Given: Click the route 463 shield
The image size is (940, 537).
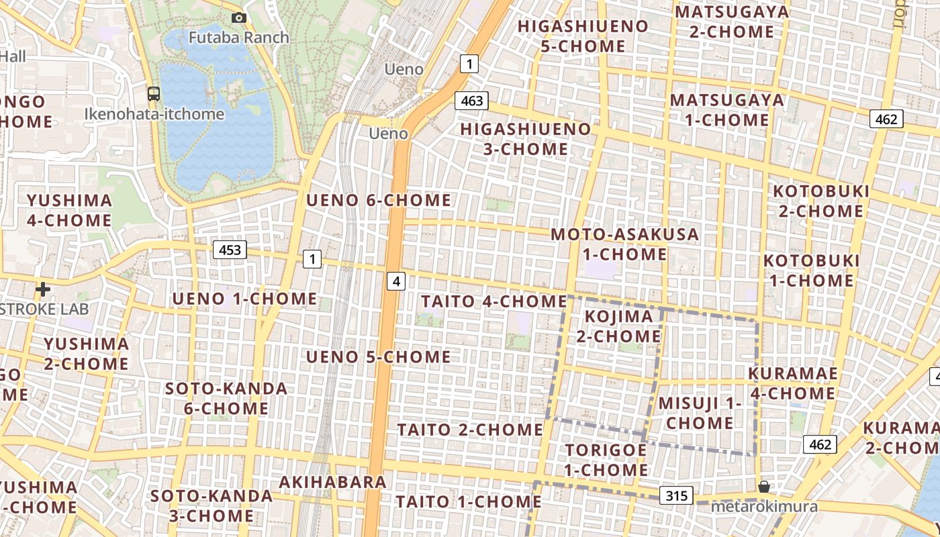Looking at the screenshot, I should tap(472, 101).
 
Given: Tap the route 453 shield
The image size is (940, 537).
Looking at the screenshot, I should tap(230, 250).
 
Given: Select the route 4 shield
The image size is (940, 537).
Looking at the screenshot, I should tap(396, 281).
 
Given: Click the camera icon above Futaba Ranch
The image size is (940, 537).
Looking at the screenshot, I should tap(238, 18).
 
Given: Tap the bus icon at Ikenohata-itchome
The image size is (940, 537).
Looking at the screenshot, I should tap(154, 93).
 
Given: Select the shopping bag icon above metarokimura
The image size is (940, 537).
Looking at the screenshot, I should tap(763, 487).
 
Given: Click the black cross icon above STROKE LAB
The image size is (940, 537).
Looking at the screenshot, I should tap(43, 289).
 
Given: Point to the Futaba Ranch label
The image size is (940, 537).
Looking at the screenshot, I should tap(238, 37).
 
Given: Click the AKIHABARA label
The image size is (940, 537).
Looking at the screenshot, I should tap(333, 482).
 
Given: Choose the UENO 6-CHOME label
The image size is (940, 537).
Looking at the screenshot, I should tap(379, 200).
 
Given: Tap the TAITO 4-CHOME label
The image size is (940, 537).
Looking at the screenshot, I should tap(493, 301).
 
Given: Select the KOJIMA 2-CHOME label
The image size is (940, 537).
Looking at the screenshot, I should tap(618, 326).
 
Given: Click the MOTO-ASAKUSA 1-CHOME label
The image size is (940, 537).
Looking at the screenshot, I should tap(624, 244).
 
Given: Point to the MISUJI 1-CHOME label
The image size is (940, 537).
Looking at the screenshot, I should tap(699, 413).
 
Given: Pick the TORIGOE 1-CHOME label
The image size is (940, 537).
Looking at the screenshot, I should tap(606, 460).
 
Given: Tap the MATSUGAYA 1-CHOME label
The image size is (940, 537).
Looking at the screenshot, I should tap(727, 110).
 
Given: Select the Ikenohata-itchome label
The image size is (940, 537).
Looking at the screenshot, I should tap(154, 114).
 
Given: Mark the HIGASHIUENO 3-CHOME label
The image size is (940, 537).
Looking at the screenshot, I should tap(526, 139).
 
